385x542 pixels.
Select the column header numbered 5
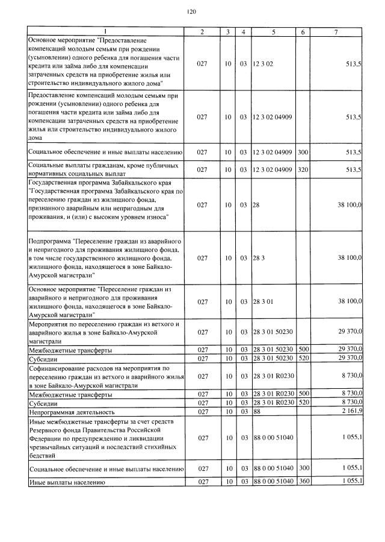[x=273, y=31]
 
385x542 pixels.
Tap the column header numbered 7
[x=336, y=31]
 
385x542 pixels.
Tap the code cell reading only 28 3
[x=259, y=258]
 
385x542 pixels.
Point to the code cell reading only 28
[x=256, y=205]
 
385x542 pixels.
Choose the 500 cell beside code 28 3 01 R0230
[x=303, y=394]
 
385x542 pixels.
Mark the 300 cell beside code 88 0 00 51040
[x=303, y=468]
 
